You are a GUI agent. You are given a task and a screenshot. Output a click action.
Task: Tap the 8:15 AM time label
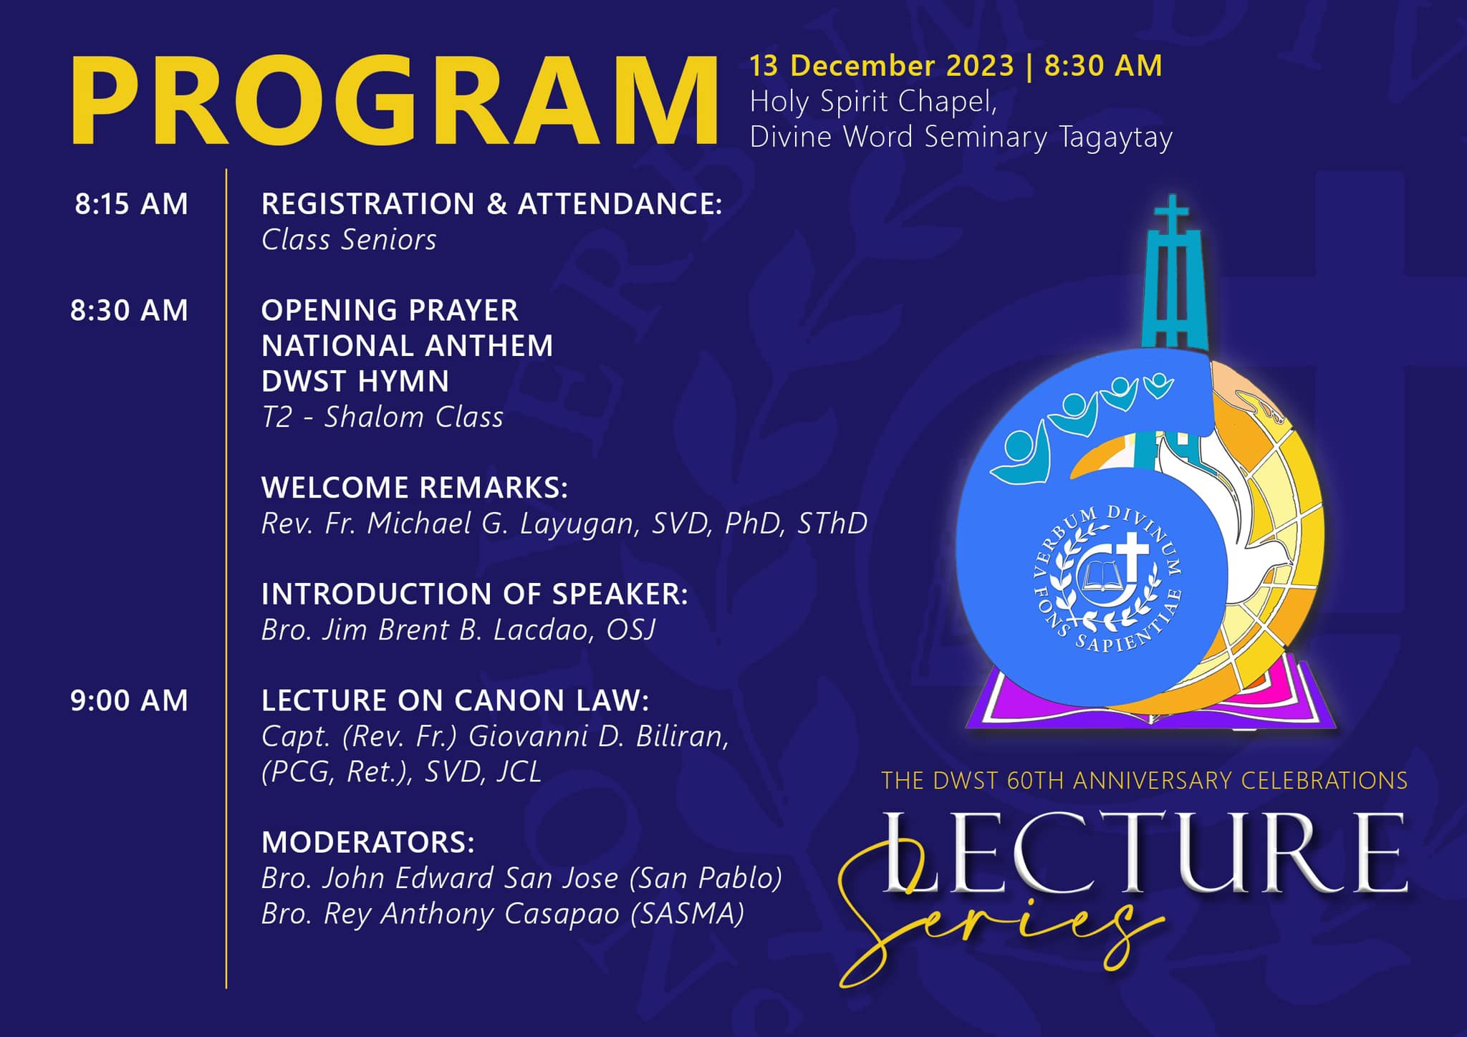(131, 204)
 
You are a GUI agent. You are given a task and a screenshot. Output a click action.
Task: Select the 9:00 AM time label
(129, 700)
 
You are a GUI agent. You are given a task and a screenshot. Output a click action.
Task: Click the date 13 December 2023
(882, 66)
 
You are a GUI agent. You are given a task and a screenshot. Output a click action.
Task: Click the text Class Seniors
(349, 240)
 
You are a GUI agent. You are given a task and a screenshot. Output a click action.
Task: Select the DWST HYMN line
(355, 381)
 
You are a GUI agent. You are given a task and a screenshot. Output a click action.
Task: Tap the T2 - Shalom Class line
(383, 417)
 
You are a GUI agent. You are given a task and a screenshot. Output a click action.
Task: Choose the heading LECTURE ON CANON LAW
(455, 700)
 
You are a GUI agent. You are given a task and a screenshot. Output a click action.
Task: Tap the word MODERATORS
(368, 842)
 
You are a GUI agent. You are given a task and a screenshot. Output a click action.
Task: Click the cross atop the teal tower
(1172, 213)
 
